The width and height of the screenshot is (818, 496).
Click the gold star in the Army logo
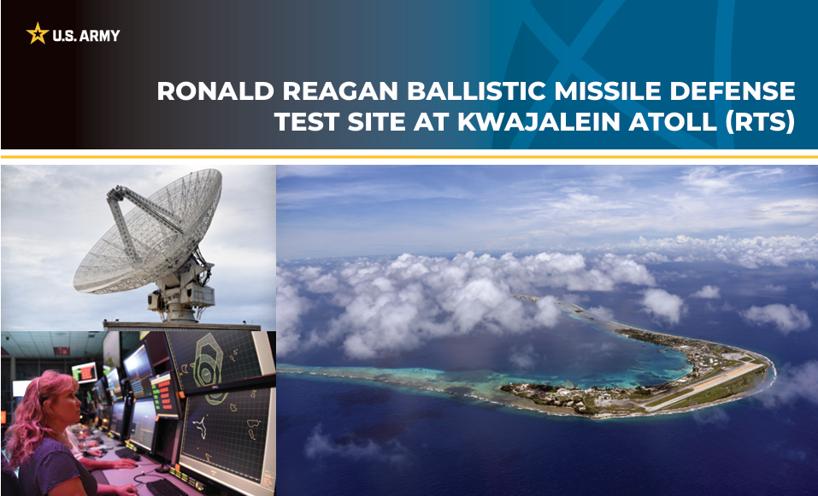coord(38,33)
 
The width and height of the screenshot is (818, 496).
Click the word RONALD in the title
coord(215,91)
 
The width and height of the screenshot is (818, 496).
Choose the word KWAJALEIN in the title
coord(539,122)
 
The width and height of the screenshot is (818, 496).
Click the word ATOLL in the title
coord(671,122)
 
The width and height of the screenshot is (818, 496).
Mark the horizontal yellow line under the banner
coord(409,156)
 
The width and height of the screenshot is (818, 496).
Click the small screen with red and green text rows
coord(164,394)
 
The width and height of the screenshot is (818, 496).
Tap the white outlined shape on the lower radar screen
coord(200,427)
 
